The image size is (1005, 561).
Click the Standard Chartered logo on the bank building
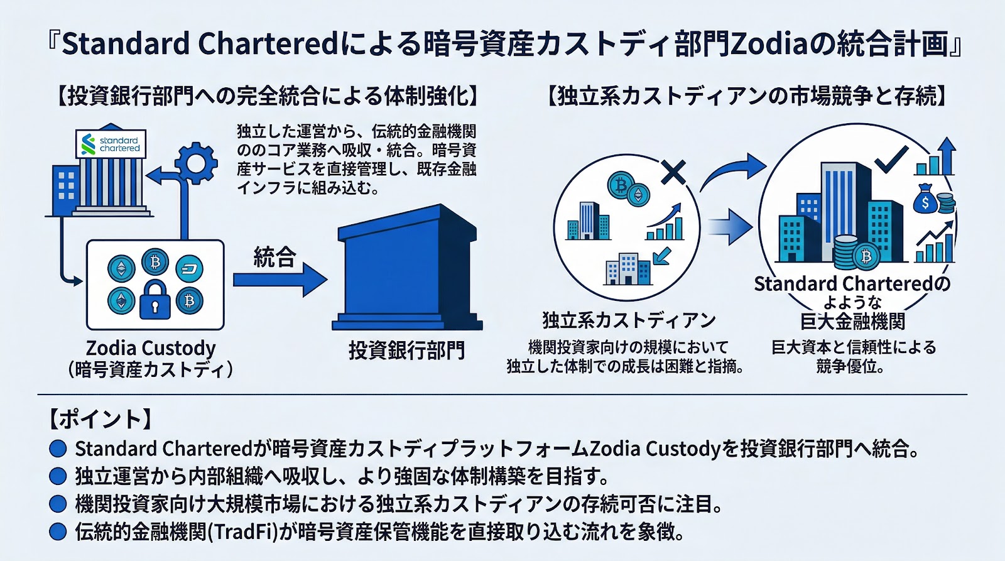coord(111,144)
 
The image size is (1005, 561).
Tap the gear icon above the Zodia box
coord(196,163)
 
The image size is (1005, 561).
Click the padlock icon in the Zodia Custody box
coord(155,300)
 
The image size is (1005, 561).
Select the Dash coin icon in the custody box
coord(189,269)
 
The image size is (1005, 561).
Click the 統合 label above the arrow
coord(274,256)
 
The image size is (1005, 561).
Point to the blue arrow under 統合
coord(279,280)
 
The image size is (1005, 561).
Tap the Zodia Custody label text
coord(151,348)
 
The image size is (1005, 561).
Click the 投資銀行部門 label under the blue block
coord(406,350)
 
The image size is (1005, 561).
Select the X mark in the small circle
coord(673,172)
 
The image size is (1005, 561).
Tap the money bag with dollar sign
coord(926,200)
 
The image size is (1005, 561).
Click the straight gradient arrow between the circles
coord(731,226)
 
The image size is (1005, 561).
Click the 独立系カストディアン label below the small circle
coord(629,320)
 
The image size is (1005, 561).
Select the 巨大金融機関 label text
coord(852,322)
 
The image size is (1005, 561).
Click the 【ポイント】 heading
coord(100,419)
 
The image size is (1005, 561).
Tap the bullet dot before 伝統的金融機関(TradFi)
coord(58,531)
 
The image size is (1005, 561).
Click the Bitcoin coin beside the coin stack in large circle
coord(866,256)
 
